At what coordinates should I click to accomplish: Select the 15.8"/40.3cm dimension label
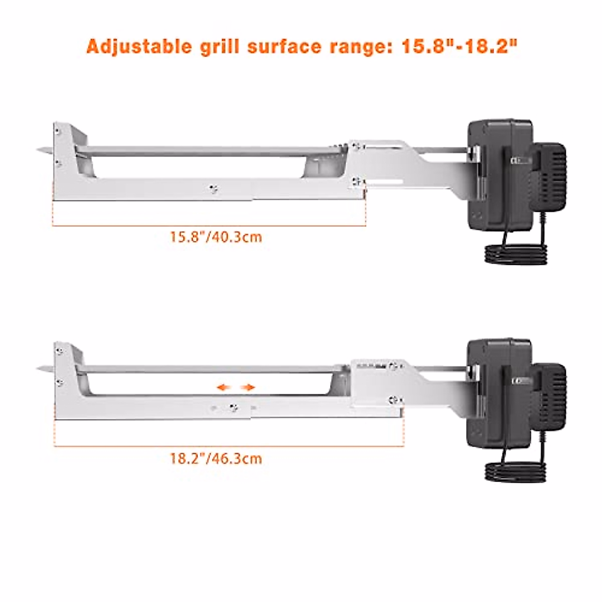point(216,236)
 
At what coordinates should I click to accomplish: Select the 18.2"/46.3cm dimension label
point(216,458)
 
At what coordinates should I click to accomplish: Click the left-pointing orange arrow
point(223,387)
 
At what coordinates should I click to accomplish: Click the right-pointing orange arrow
point(248,387)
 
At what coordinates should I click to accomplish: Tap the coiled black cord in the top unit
point(514,253)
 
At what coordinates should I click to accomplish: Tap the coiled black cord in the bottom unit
point(514,472)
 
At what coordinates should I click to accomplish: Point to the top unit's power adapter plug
point(549,173)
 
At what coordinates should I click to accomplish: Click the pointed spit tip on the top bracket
point(43,150)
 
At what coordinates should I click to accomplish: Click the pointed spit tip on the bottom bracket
point(43,370)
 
